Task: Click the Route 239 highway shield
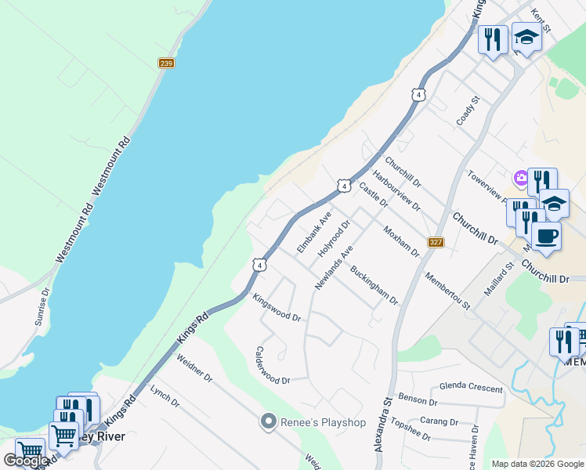point(165,63)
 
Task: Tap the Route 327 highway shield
point(436,242)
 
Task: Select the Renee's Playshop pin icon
point(269,422)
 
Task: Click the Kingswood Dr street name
point(277,307)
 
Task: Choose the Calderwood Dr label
point(273,364)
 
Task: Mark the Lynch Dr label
point(165,397)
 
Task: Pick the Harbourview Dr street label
point(396,191)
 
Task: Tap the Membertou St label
point(447,291)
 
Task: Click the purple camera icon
point(521,179)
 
